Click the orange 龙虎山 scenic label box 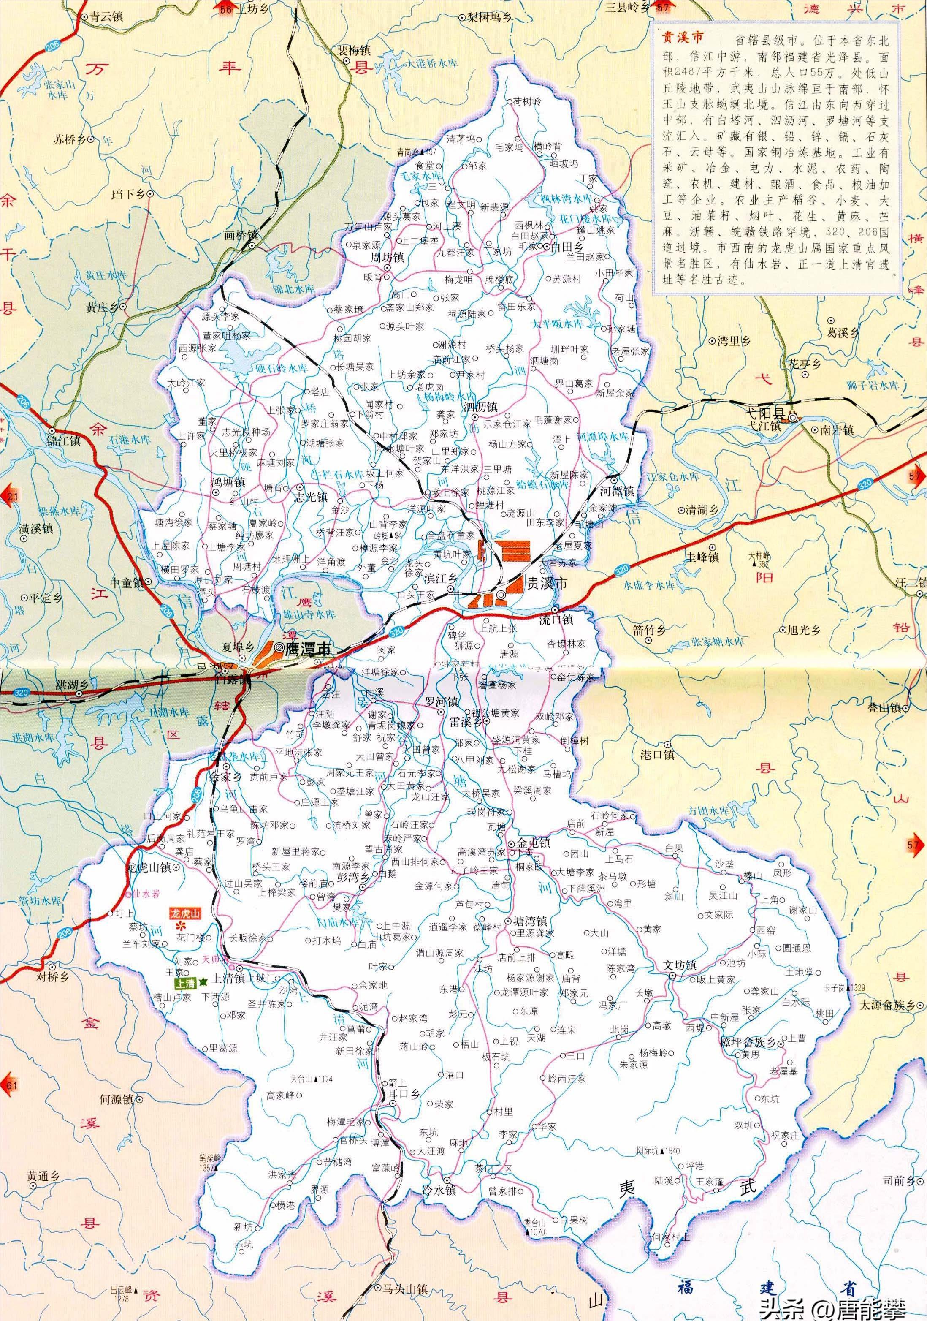[x=184, y=913]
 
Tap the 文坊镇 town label [x=680, y=965]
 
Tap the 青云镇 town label [x=106, y=17]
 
